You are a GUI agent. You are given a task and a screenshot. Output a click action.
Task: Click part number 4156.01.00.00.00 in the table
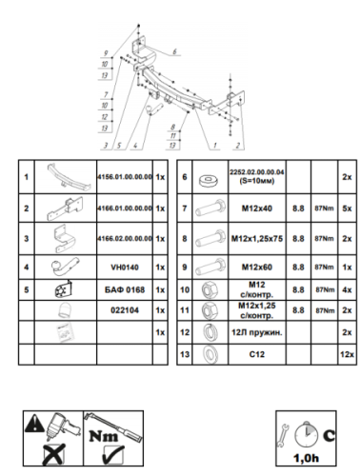tap(125, 176)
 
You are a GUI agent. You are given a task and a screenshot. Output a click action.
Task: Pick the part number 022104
tap(125, 309)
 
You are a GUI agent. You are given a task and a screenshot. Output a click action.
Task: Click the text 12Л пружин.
tap(250, 331)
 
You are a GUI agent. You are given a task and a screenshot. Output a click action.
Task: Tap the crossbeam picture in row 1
tap(61, 176)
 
